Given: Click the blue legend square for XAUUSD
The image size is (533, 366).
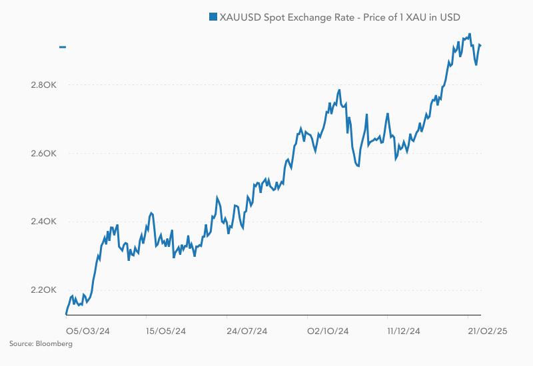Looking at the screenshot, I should [x=213, y=17].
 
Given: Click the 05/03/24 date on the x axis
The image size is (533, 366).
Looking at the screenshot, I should [x=87, y=331].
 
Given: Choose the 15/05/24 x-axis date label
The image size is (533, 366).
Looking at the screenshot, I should [x=166, y=331].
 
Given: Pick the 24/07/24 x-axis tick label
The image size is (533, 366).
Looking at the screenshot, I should [x=247, y=331].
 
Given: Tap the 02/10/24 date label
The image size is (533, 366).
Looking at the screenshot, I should [x=326, y=331].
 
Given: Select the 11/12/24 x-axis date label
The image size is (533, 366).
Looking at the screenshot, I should [x=404, y=331].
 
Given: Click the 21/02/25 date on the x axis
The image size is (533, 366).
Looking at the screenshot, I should [x=488, y=331].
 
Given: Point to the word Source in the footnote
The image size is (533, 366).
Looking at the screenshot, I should [x=19, y=343].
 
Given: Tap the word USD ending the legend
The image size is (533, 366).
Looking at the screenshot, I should [x=450, y=17].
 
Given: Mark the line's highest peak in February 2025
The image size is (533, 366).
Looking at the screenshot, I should [x=470, y=34].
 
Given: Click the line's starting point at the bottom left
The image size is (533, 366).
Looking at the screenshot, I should [x=66, y=313].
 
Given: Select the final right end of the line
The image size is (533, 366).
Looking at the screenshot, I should [x=481, y=45].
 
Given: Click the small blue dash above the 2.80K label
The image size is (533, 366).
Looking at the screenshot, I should [x=63, y=47].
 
